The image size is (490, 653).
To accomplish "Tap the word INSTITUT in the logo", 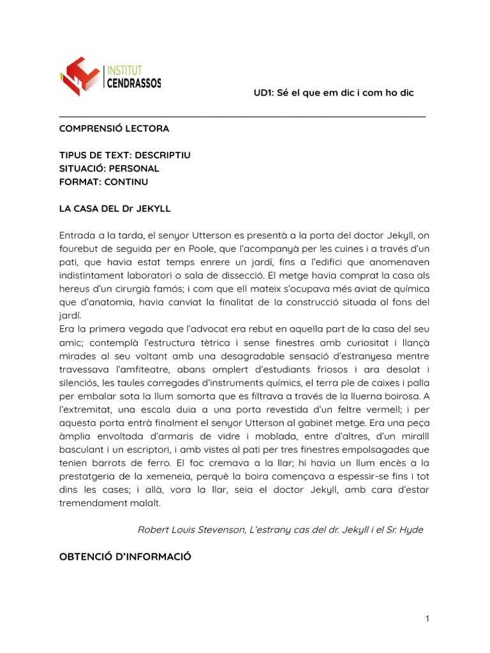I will point(124,70).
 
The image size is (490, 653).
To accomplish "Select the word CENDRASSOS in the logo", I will point(133,83).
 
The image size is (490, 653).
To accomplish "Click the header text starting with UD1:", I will point(334,93).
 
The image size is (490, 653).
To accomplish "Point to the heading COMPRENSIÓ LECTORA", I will point(114,128).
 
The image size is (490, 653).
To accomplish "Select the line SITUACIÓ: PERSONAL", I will point(109,168).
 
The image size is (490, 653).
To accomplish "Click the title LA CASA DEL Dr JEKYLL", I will point(115,209).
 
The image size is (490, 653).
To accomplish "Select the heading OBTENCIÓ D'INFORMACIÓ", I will point(125,556).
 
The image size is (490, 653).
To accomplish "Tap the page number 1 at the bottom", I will point(427,619).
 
